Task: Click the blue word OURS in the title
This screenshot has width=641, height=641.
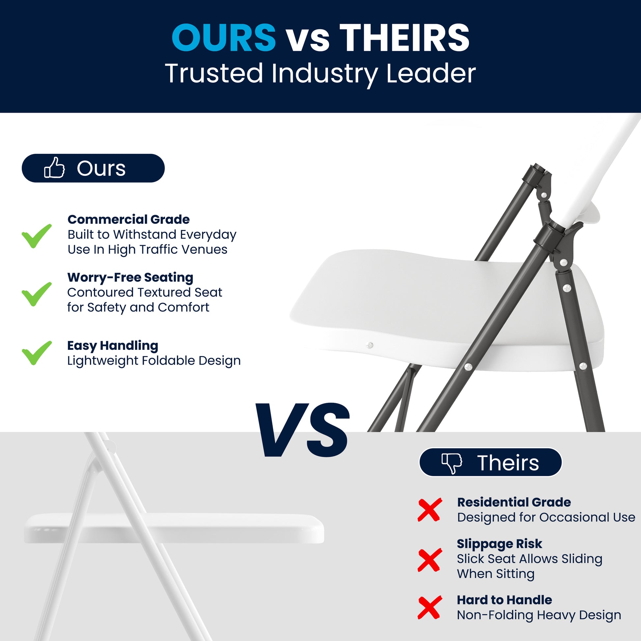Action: pyautogui.click(x=223, y=38)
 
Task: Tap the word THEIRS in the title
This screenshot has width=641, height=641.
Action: pyautogui.click(x=404, y=38)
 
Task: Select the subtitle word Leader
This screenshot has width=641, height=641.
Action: pyautogui.click(x=431, y=73)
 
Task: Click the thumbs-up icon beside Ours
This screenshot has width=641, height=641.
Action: pyautogui.click(x=54, y=168)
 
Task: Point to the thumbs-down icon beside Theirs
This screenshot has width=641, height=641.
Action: pyautogui.click(x=452, y=463)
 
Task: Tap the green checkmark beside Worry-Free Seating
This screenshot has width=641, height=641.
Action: pyautogui.click(x=37, y=294)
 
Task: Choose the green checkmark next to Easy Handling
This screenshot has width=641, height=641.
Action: pyautogui.click(x=37, y=353)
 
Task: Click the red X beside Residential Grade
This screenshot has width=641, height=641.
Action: pyautogui.click(x=430, y=509)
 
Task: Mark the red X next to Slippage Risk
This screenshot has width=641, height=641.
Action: pyautogui.click(x=430, y=560)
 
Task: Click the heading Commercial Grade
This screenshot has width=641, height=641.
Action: pyautogui.click(x=128, y=219)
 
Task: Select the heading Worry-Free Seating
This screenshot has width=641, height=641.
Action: pyautogui.click(x=130, y=277)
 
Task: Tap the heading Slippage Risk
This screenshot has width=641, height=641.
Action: pyautogui.click(x=499, y=544)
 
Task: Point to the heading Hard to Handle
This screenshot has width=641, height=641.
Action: pyautogui.click(x=504, y=600)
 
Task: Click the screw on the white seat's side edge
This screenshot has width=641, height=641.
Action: pyautogui.click(x=370, y=345)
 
